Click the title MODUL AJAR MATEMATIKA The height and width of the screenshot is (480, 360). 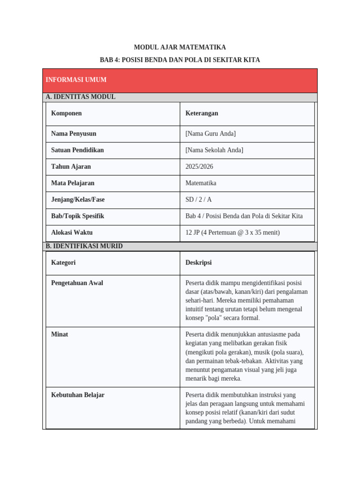[180, 47]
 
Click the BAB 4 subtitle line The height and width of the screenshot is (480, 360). [180, 60]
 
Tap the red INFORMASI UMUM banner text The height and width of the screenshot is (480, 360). [76, 80]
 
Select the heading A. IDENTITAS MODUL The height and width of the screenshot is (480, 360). [81, 97]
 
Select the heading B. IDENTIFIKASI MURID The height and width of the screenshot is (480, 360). [84, 246]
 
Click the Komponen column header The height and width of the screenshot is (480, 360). [66, 113]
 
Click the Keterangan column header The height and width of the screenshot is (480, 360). [202, 113]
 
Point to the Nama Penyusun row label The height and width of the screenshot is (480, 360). [74, 134]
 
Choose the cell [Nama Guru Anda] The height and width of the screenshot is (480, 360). [210, 134]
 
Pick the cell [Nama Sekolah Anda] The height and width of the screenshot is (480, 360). [214, 150]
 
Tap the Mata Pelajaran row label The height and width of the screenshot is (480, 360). [73, 183]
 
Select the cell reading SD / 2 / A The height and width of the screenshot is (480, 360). [198, 200]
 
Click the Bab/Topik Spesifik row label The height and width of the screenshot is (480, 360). [77, 216]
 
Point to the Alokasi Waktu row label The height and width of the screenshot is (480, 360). [72, 232]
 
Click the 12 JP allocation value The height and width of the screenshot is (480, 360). [232, 232]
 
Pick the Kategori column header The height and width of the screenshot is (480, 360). [63, 262]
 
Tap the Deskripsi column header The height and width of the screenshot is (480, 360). [198, 262]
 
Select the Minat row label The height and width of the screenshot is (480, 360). [60, 334]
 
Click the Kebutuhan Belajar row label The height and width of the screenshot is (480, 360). [78, 395]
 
